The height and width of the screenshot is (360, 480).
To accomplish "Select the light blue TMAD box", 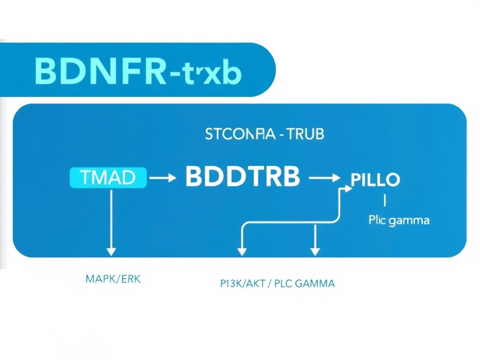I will point(108,178).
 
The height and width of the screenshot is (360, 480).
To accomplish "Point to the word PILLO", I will point(375,180).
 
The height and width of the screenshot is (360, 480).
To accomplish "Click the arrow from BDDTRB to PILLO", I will point(324,178).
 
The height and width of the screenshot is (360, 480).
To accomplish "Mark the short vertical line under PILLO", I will point(384,201).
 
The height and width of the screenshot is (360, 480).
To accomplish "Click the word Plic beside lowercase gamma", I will point(377,220).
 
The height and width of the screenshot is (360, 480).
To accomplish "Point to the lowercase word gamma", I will point(409,220).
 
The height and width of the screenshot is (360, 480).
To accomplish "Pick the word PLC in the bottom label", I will point(286,283).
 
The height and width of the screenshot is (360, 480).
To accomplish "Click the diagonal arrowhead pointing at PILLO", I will point(347,188).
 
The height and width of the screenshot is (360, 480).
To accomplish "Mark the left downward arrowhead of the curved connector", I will point(241,251).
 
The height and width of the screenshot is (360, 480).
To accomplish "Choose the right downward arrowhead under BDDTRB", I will point(315,251).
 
